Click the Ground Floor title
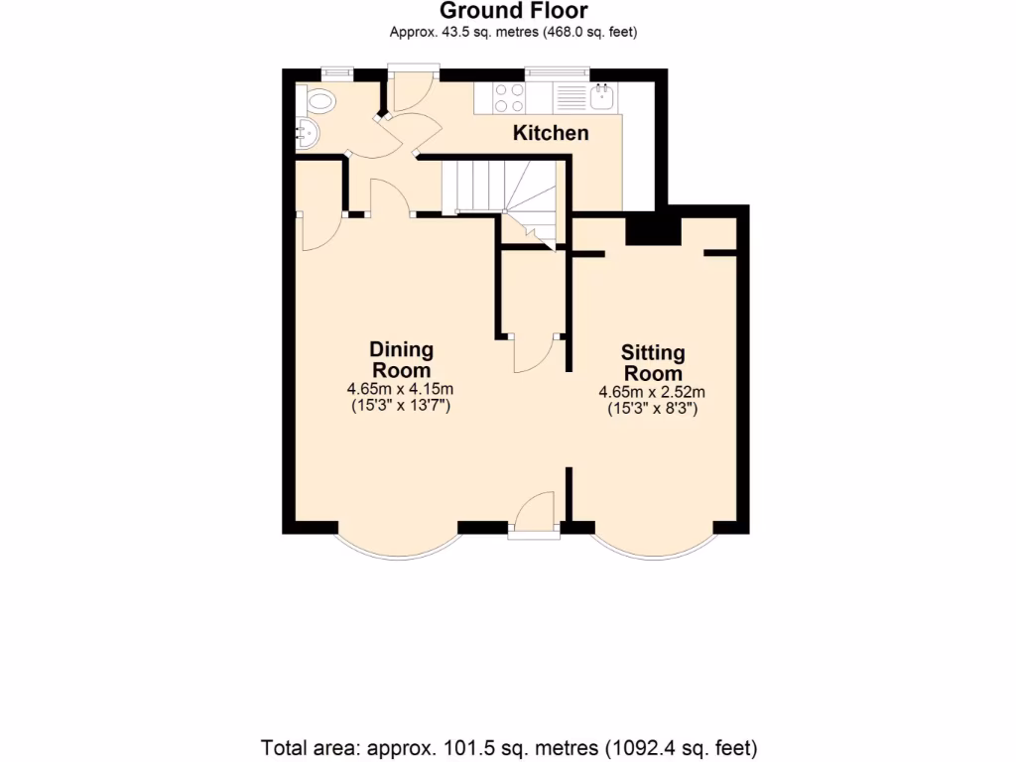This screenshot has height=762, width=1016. click(513, 11)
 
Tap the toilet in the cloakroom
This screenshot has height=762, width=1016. click(319, 99)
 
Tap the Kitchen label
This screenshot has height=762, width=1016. click(551, 133)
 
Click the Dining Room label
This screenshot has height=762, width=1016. click(401, 359)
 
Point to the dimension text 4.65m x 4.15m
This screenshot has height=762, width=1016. click(401, 389)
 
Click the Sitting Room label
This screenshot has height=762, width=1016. click(653, 362)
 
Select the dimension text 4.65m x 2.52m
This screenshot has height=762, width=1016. click(653, 392)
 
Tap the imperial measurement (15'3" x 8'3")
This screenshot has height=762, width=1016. click(653, 408)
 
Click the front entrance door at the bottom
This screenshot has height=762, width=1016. click(534, 514)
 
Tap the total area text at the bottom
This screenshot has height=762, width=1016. click(509, 745)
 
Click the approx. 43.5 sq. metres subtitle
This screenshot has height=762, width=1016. click(513, 32)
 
